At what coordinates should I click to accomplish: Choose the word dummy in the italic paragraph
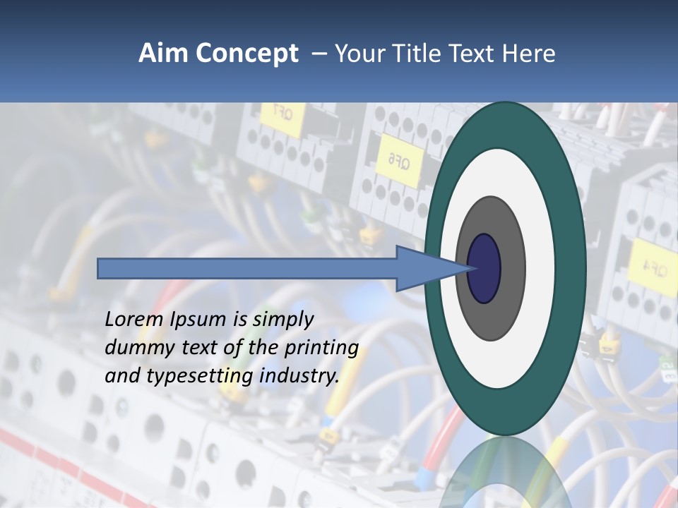click(133, 348)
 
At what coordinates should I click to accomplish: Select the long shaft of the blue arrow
click(247, 268)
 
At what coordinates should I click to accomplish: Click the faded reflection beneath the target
click(505, 473)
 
